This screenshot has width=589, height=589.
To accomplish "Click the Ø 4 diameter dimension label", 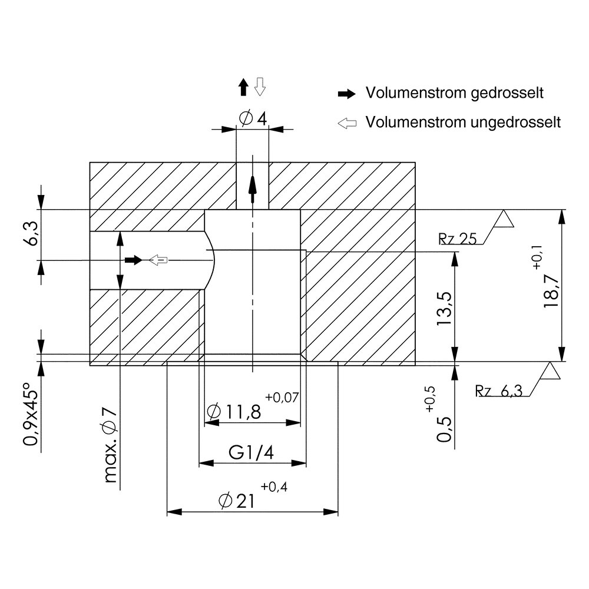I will tap(253, 118).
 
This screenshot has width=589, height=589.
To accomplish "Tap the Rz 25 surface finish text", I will tap(457, 239).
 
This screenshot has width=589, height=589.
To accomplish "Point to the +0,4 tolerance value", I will tap(273, 487).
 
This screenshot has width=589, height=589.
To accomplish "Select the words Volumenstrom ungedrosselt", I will tap(462, 123).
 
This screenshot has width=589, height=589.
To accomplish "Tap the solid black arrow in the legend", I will tap(346, 94).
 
